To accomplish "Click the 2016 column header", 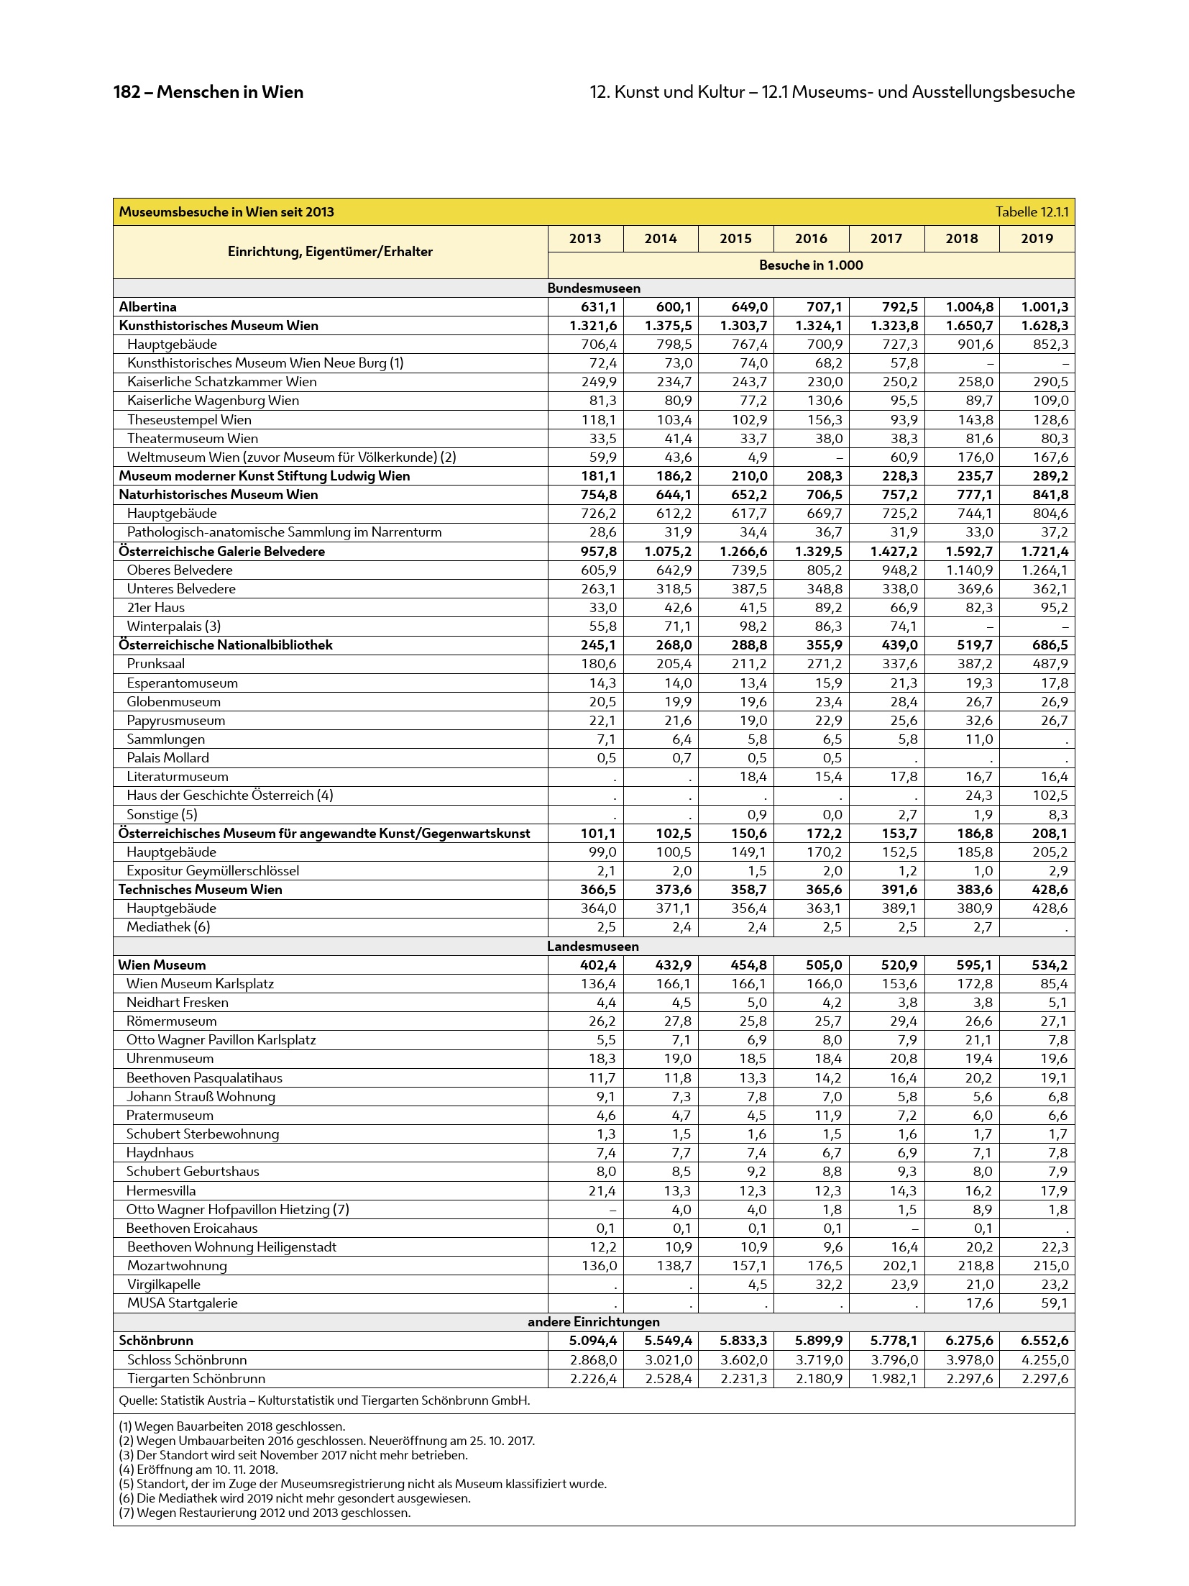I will tap(810, 239).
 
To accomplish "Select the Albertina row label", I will tap(147, 307).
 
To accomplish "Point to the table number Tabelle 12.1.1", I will tap(1032, 212).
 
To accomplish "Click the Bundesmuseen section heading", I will tap(593, 288).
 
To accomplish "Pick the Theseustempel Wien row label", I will tap(189, 420).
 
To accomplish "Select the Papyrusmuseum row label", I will tap(175, 721).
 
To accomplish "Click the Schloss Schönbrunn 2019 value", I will tap(1044, 1360).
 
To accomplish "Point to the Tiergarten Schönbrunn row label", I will tap(196, 1379).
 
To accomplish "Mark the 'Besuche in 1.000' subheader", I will tap(810, 265).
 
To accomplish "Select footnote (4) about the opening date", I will tap(198, 1469).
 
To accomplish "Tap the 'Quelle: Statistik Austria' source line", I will tap(324, 1400).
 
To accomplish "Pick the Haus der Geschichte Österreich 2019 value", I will tap(1049, 796).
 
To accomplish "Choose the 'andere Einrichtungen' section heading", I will tap(593, 1322).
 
